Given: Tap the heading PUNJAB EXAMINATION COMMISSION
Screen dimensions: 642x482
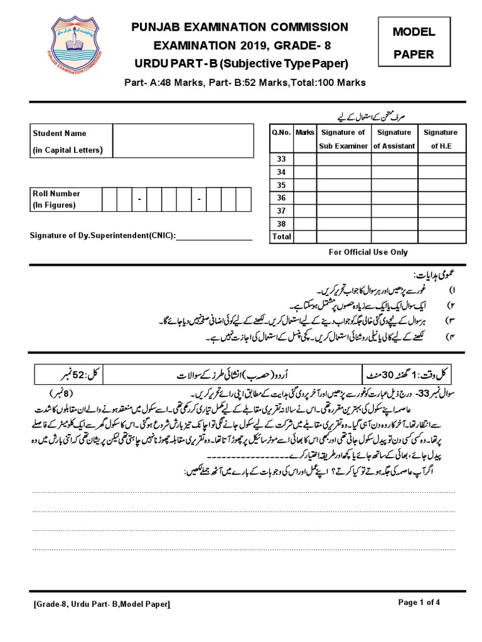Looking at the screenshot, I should click(x=238, y=27).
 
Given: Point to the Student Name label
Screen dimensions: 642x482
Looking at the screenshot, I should click(x=60, y=133).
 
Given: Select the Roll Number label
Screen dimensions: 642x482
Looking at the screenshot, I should click(x=56, y=194).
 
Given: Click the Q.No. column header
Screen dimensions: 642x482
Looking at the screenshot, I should click(x=281, y=132).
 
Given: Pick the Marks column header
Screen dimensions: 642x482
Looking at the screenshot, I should click(x=305, y=132).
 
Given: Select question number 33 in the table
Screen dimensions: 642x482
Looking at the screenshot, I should click(x=281, y=159).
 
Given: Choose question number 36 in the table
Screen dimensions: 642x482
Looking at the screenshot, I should click(x=281, y=197).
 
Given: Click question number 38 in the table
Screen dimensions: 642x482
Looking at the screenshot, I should click(x=281, y=223).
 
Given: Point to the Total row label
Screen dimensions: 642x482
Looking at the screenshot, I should click(x=281, y=236).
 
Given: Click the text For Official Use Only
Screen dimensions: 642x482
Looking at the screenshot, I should click(x=368, y=252).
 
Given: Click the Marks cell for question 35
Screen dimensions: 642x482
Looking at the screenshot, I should click(x=305, y=185).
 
